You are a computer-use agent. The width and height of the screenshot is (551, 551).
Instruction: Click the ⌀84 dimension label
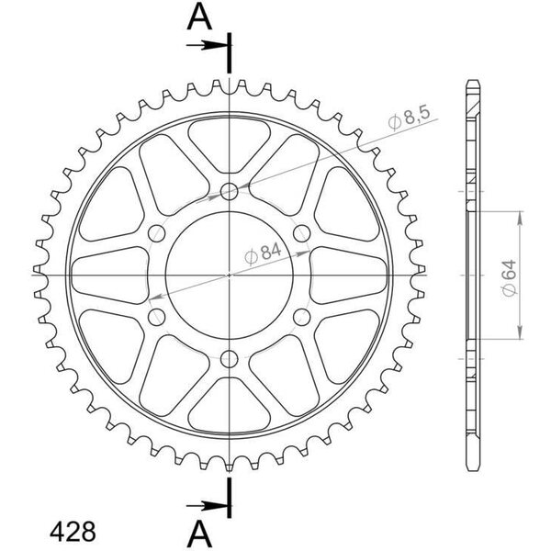pyautogui.click(x=264, y=253)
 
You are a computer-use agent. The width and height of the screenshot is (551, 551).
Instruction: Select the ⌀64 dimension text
pyautogui.click(x=509, y=277)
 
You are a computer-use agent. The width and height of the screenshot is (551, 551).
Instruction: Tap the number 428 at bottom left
pyautogui.click(x=73, y=531)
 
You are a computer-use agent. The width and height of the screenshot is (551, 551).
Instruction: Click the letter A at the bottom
pyautogui.click(x=199, y=534)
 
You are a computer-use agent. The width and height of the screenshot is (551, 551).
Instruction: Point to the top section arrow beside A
pyautogui.click(x=208, y=45)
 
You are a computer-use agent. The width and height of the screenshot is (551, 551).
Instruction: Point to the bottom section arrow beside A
pyautogui.click(x=208, y=506)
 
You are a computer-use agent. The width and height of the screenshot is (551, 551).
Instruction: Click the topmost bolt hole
pyautogui.click(x=229, y=191)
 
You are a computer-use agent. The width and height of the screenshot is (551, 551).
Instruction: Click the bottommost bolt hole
pyautogui.click(x=229, y=359)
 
